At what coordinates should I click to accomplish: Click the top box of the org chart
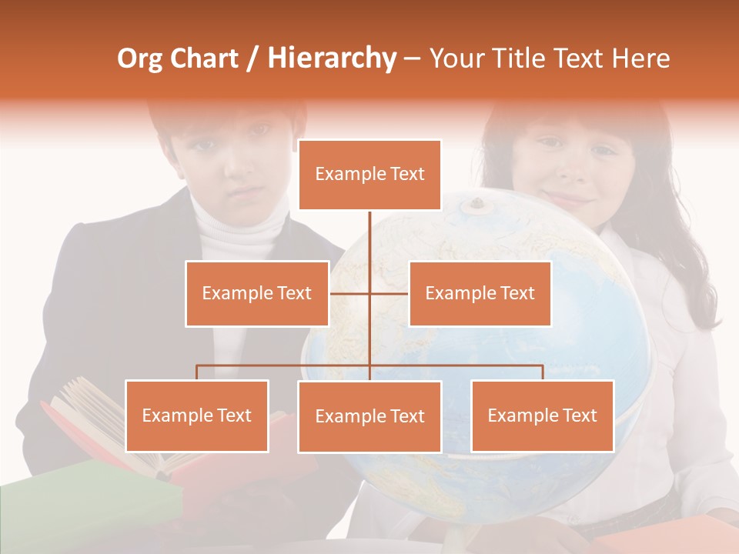click(x=369, y=175)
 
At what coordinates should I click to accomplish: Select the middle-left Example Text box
click(x=257, y=293)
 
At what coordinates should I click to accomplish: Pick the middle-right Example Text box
click(x=480, y=293)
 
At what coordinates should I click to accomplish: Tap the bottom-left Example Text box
click(x=197, y=415)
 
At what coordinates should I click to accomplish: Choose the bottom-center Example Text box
click(x=369, y=416)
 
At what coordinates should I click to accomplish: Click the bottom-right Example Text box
click(x=542, y=415)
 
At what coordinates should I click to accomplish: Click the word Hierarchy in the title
click(x=332, y=58)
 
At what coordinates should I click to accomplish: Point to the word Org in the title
click(x=139, y=58)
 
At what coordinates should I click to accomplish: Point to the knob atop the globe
click(x=477, y=204)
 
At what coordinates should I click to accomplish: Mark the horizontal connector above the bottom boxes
click(x=285, y=365)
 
